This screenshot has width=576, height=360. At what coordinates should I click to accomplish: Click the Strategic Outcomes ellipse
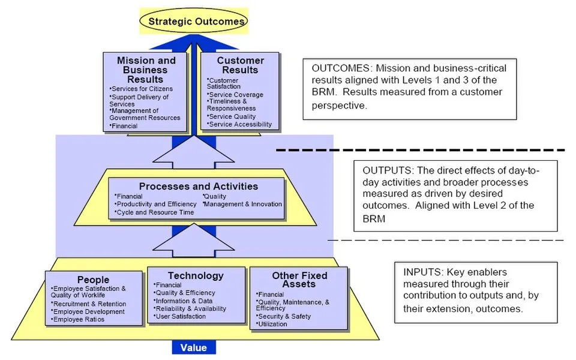pyautogui.click(x=197, y=22)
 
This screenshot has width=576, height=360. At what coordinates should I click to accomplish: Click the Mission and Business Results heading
pyautogui.click(x=146, y=70)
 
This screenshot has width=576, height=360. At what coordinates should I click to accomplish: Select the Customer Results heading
pyautogui.click(x=240, y=65)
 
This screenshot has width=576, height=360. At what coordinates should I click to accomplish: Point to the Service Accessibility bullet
pyautogui.click(x=239, y=125)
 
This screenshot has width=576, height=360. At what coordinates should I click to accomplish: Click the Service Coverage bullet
pyautogui.click(x=235, y=95)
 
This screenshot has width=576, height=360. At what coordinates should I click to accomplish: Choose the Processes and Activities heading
pyautogui.click(x=198, y=186)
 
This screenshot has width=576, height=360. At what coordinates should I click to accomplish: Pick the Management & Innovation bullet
pyautogui.click(x=243, y=204)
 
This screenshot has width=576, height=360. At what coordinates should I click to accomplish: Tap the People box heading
pyautogui.click(x=93, y=280)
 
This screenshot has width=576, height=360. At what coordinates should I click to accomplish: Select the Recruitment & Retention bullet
pyautogui.click(x=88, y=304)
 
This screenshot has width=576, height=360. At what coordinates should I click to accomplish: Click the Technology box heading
pyautogui.click(x=196, y=275)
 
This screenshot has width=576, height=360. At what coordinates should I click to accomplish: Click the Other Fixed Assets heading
pyautogui.click(x=299, y=280)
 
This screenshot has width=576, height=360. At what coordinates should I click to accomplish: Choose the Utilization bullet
pyautogui.click(x=272, y=325)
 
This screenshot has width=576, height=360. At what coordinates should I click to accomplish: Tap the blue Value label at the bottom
pyautogui.click(x=194, y=348)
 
